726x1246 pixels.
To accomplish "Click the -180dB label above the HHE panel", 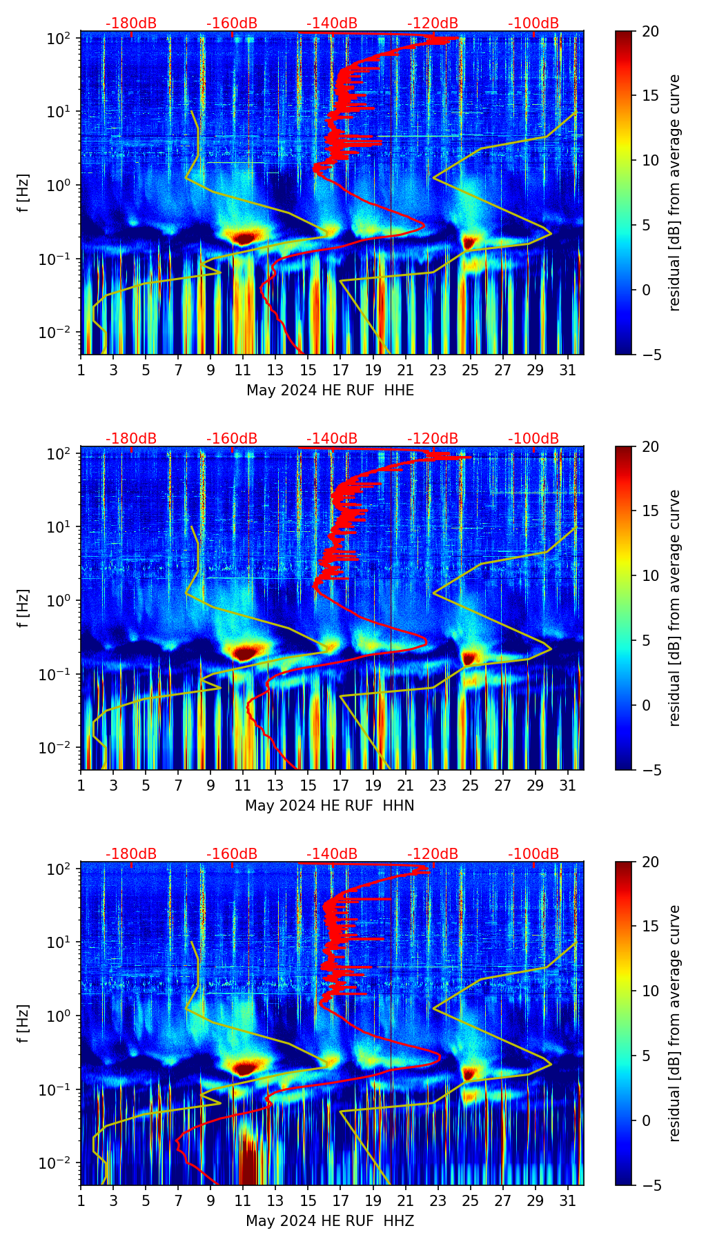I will click(131, 23).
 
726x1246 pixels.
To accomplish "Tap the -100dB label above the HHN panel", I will click(533, 439).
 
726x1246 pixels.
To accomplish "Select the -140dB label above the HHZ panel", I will click(332, 854).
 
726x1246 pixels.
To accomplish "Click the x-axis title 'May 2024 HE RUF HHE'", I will click(330, 390).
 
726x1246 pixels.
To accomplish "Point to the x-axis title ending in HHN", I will click(330, 806).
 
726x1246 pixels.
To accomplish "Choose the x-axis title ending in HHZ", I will click(330, 1221).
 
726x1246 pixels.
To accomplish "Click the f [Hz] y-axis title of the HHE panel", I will click(23, 193).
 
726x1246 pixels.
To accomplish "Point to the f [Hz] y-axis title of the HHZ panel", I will click(23, 1024).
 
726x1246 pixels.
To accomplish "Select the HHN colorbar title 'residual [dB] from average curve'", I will click(674, 608).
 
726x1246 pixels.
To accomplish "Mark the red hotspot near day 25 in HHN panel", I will click(470, 657).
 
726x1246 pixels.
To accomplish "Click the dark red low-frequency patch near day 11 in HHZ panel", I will click(248, 1159).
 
